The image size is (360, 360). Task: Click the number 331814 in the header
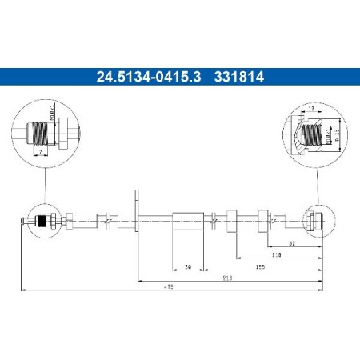239,78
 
